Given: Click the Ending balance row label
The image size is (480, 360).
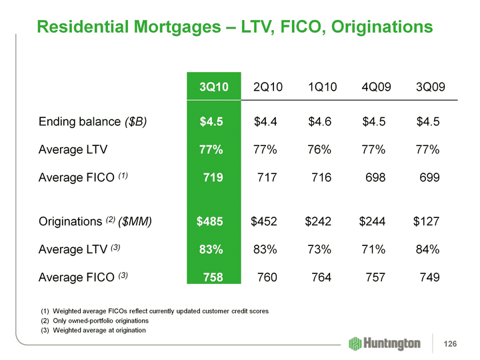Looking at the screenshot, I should (x=93, y=121).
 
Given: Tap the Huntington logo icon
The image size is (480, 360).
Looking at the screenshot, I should (x=356, y=343).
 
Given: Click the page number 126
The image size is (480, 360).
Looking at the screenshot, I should (x=451, y=343).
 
